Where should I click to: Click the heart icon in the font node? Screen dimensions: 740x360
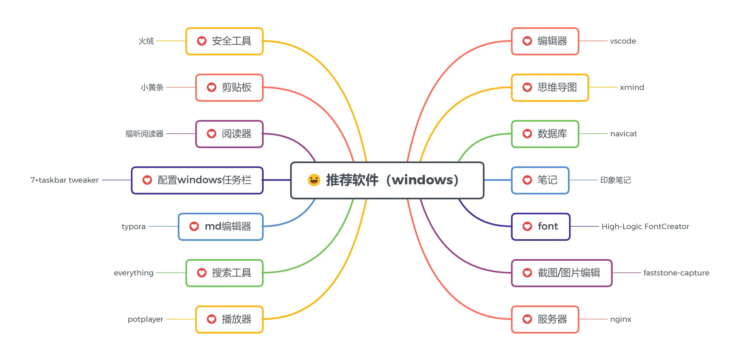[527, 226]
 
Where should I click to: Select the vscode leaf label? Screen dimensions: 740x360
[623, 41]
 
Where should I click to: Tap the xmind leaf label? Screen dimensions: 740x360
[632, 87]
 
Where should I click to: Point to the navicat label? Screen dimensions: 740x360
[623, 134]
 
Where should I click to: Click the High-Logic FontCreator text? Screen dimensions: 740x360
[645, 226]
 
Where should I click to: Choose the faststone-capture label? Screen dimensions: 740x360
[676, 273]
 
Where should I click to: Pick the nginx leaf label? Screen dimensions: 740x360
[621, 319]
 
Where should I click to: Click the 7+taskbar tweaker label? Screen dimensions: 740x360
[64, 180]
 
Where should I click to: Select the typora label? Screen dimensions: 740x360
[134, 227]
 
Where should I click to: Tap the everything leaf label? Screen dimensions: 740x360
[134, 273]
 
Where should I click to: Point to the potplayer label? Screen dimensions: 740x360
[145, 319]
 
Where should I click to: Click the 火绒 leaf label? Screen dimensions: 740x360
[146, 41]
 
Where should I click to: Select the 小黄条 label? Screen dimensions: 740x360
[152, 87]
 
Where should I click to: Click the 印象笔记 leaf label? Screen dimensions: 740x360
[616, 180]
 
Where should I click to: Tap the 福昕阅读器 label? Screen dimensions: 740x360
[144, 134]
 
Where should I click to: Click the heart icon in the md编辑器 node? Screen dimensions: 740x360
[194, 226]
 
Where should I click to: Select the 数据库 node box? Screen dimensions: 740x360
[545, 134]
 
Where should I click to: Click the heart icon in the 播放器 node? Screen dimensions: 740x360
[211, 319]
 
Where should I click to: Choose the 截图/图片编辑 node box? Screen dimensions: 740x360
[562, 273]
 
